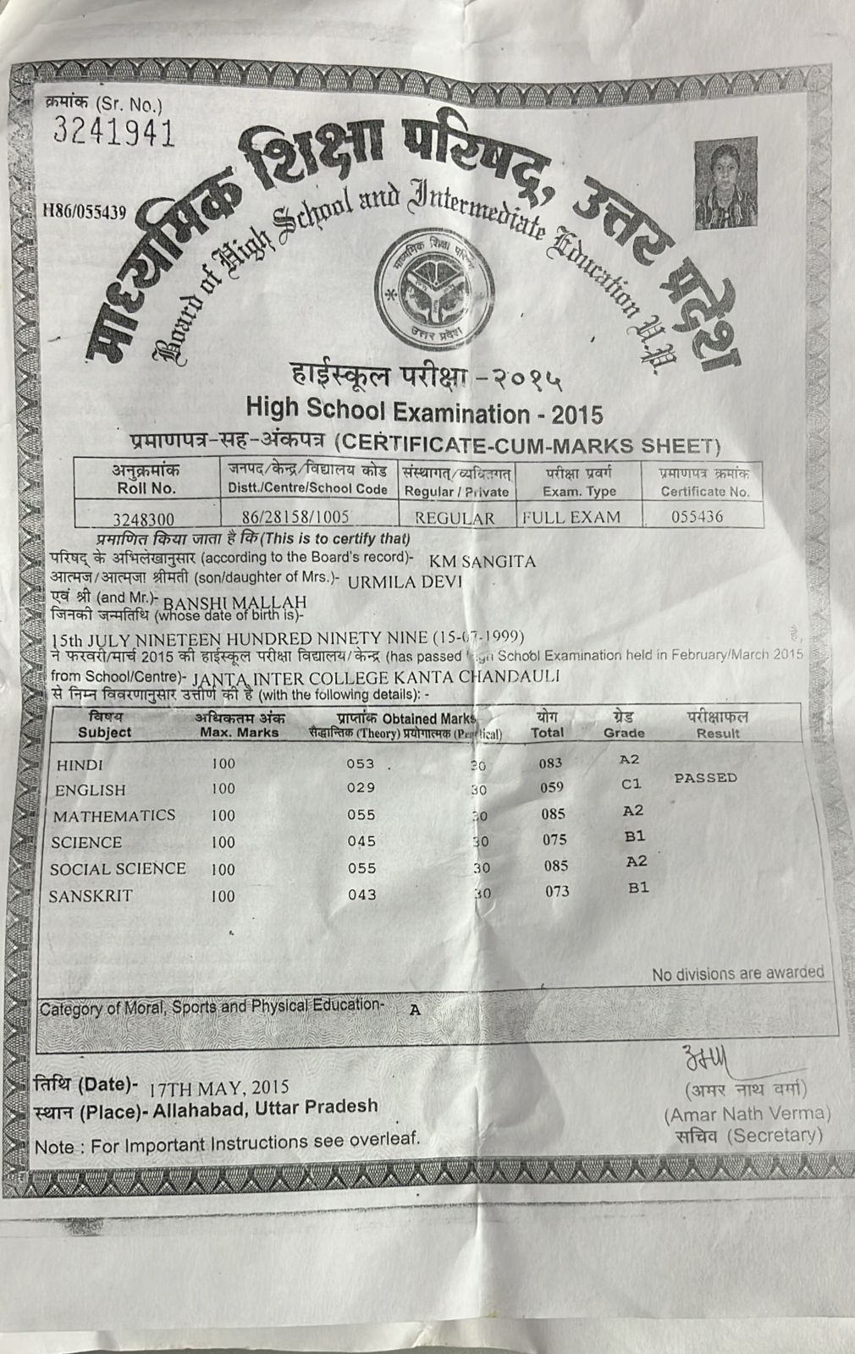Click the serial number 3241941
coord(113,131)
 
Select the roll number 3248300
coord(144,518)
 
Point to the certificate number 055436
coord(697,516)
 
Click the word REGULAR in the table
coord(455,518)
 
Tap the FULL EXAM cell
coord(571,517)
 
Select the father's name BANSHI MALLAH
coord(233,602)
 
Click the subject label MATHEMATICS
coord(114,816)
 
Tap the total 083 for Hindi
coord(550,763)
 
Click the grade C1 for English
coord(632,784)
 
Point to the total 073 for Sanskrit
coord(557,891)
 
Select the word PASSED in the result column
coord(705,778)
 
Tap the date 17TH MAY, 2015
coord(218,1087)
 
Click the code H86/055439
coord(84,212)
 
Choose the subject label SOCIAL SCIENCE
coord(118,869)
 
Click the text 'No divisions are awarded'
coord(737,973)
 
